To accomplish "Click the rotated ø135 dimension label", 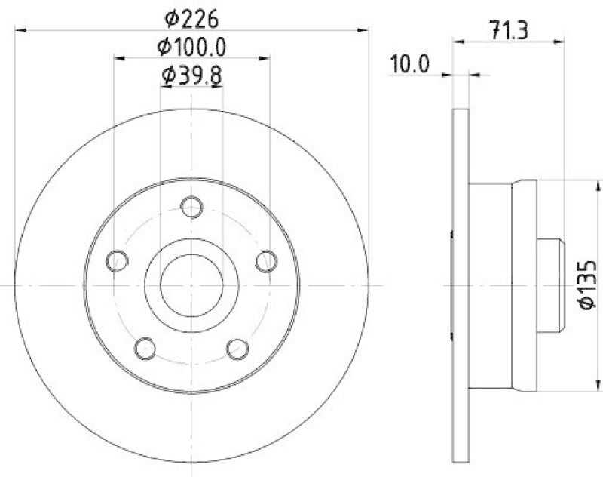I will [586, 285].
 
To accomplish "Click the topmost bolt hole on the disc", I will [192, 206].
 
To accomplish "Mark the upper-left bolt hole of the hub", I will [117, 260].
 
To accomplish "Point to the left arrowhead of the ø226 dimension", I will [20, 31].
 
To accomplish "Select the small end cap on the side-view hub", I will [549, 285].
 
